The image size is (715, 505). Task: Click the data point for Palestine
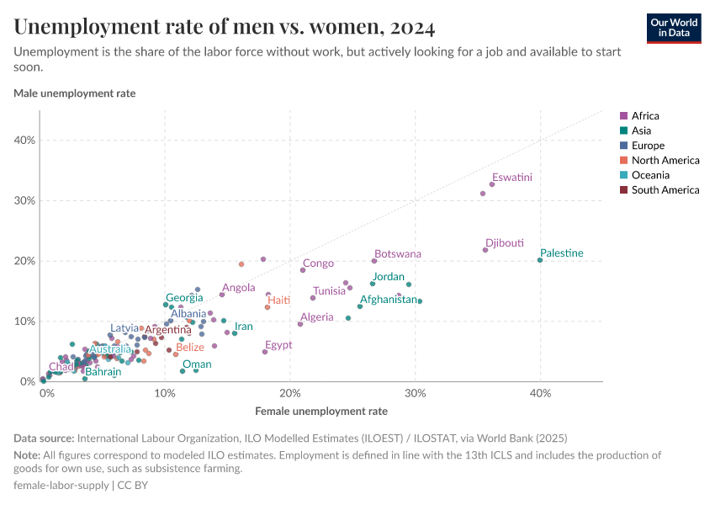[540, 260]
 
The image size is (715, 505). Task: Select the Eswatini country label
[512, 178]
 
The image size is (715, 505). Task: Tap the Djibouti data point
[485, 250]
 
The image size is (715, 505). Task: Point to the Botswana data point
[374, 261]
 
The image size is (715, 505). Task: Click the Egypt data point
[265, 352]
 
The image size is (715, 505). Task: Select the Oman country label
[197, 364]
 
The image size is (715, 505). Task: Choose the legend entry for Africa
[645, 115]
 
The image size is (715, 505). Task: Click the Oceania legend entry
[650, 175]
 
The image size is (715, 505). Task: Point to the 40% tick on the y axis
[24, 141]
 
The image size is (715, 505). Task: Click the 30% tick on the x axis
[414, 393]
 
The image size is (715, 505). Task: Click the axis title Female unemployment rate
[320, 412]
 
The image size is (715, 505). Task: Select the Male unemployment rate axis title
[74, 93]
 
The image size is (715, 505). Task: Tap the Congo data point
[303, 270]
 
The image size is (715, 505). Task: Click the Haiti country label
[278, 300]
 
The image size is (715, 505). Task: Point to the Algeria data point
[300, 324]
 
